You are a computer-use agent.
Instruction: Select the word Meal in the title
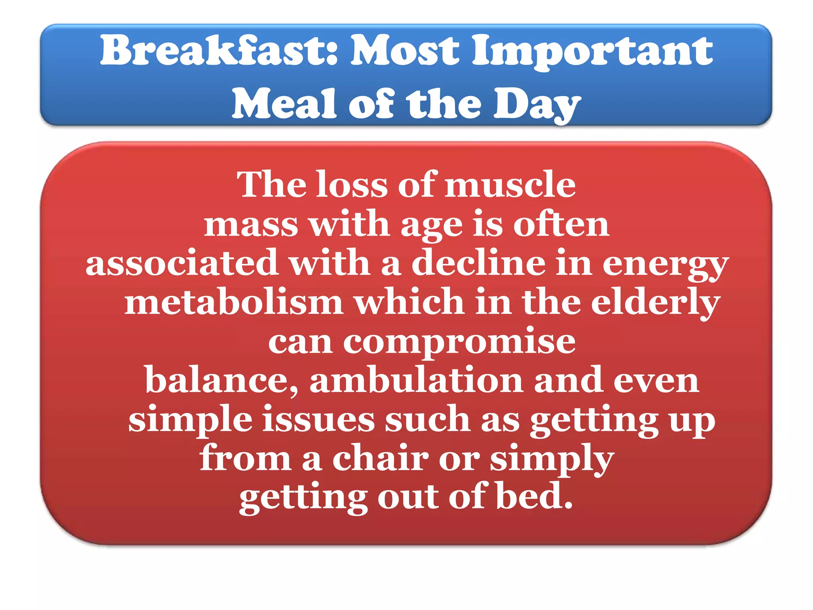coord(284,104)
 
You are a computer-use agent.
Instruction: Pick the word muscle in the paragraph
coord(510,185)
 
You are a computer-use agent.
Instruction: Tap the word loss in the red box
coord(352,185)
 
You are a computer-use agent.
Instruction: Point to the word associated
coord(182,263)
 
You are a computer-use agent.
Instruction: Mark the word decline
coord(478,263)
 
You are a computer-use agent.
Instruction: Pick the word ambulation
coord(416,380)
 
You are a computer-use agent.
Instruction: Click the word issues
coord(318,420)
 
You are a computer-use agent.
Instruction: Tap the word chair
coord(381,459)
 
